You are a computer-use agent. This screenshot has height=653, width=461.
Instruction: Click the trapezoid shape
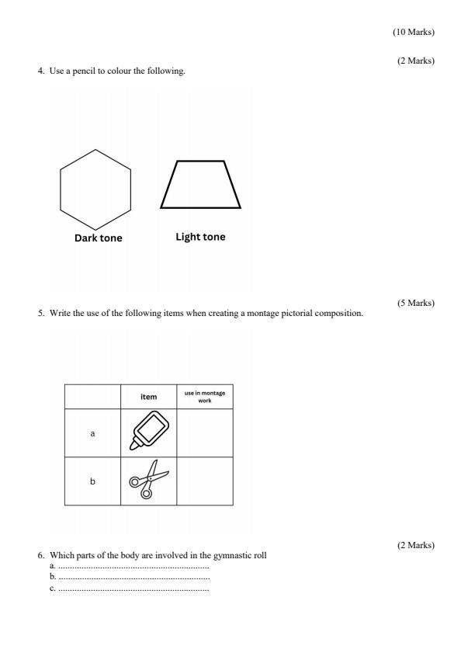pyautogui.click(x=200, y=186)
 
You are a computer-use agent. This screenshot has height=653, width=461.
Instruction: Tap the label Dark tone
pyautogui.click(x=98, y=238)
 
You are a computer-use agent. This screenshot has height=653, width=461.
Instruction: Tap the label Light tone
pyautogui.click(x=201, y=237)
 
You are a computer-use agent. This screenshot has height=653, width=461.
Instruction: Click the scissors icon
pyautogui.click(x=148, y=481)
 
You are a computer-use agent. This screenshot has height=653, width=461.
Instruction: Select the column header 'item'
pyautogui.click(x=148, y=397)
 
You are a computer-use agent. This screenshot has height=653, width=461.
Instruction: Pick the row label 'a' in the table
pyautogui.click(x=92, y=433)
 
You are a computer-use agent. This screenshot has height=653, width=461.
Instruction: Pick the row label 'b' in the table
pyautogui.click(x=92, y=481)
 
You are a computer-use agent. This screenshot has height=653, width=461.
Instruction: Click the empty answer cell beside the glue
pyautogui.click(x=205, y=433)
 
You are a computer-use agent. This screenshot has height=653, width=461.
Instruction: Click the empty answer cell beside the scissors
pyautogui.click(x=205, y=481)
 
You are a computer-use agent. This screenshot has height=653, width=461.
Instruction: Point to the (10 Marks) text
pyautogui.click(x=414, y=32)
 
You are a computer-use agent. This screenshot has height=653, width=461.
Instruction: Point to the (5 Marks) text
pyautogui.click(x=416, y=303)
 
